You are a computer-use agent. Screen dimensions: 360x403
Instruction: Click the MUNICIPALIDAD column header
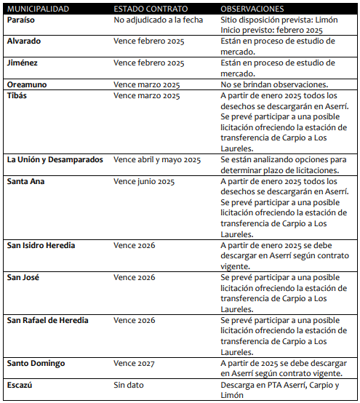(38, 9)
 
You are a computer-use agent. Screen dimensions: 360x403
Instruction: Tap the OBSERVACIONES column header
(252, 9)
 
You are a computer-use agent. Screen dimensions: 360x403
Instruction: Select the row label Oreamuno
(27, 84)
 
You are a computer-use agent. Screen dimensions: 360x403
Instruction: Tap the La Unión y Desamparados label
(55, 159)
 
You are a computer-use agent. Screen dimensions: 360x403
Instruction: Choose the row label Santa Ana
(26, 181)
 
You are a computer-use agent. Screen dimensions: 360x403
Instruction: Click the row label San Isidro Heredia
(41, 245)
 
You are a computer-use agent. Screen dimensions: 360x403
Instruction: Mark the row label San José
(23, 277)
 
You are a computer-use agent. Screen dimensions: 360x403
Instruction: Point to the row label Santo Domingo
(36, 362)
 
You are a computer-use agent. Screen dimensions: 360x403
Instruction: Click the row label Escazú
(20, 384)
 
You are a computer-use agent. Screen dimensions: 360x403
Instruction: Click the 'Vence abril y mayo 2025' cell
(157, 159)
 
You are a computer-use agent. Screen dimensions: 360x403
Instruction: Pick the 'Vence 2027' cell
(135, 362)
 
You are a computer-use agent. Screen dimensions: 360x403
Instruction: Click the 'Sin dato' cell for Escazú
(129, 384)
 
